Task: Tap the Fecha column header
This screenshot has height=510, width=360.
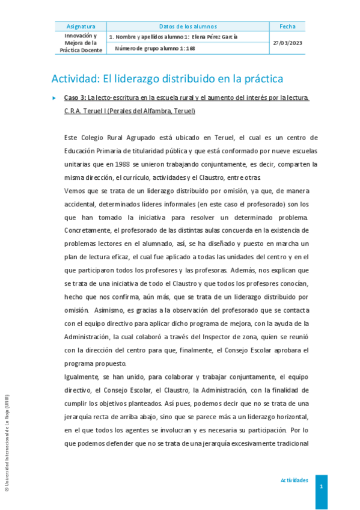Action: point(287,26)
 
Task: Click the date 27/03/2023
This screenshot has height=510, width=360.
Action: point(287,43)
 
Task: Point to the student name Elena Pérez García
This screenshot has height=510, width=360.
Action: point(214,37)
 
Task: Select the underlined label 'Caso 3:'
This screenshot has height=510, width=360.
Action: point(75,97)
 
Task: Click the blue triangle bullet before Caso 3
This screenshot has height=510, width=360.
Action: point(54,97)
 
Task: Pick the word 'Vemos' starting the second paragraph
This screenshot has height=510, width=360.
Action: point(75,189)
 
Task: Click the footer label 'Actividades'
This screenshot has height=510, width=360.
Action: point(294,480)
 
